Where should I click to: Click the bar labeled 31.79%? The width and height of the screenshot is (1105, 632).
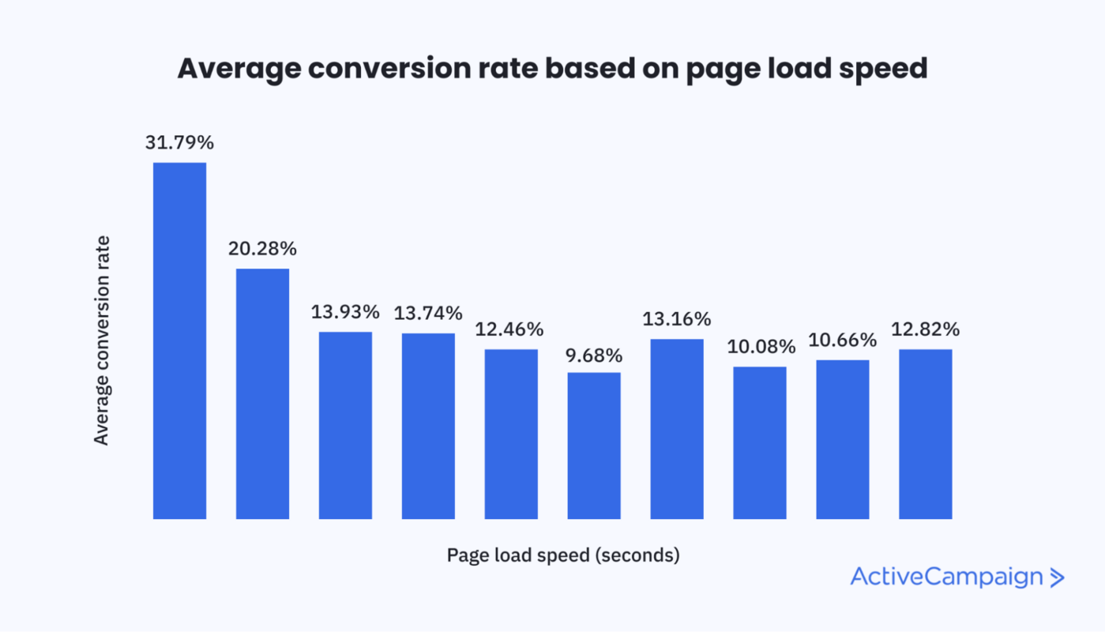pos(179,340)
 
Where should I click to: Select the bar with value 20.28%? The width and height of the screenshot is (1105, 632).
pos(262,393)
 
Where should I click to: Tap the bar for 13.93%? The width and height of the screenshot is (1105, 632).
pos(345,425)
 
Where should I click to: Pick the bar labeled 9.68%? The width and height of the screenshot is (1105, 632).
pos(594,446)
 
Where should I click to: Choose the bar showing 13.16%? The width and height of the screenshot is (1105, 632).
pos(677,429)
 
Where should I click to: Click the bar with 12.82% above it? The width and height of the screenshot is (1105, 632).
pos(925,434)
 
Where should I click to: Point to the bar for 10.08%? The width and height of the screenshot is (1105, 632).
pos(760,442)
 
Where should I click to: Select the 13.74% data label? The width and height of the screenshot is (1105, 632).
pos(428,313)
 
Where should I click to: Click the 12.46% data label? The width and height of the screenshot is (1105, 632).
pos(509,329)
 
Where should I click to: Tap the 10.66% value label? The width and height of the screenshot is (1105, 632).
pos(842,340)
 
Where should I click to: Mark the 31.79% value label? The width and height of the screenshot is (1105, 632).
pos(179,143)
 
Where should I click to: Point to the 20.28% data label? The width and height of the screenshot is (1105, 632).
pos(262,249)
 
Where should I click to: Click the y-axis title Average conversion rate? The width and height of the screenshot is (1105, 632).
pos(101,340)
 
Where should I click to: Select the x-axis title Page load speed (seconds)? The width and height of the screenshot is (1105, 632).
pos(563,555)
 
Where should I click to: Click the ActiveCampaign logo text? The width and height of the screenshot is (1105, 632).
pos(946,577)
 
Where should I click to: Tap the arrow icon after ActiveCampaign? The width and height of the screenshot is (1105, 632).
pos(1057,577)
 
